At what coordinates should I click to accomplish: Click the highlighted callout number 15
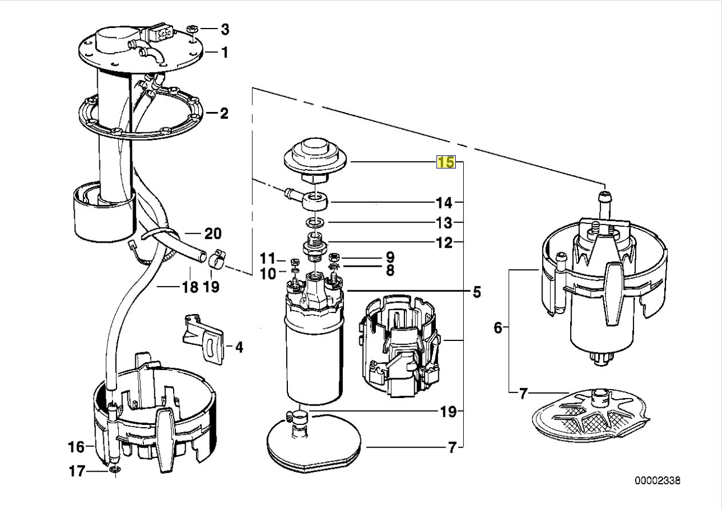pyautogui.click(x=446, y=162)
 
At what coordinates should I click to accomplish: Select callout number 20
pyautogui.click(x=213, y=234)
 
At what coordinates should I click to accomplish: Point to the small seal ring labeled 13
pyautogui.click(x=315, y=222)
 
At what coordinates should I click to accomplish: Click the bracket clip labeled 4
pyautogui.click(x=204, y=339)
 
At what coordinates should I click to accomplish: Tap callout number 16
pyautogui.click(x=76, y=447)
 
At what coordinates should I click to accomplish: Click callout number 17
pyautogui.click(x=77, y=471)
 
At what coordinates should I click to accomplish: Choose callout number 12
pyautogui.click(x=444, y=243)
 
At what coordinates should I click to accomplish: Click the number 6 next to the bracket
pyautogui.click(x=498, y=328)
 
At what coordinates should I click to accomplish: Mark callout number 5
pyautogui.click(x=477, y=292)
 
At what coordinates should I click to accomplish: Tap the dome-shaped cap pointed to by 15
pyautogui.click(x=315, y=159)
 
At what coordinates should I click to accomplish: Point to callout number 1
pyautogui.click(x=224, y=52)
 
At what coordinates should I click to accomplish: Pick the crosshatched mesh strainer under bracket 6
pyautogui.click(x=591, y=415)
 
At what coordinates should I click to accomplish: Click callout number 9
pyautogui.click(x=390, y=257)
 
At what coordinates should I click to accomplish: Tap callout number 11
pyautogui.click(x=268, y=258)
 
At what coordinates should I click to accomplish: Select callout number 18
pyautogui.click(x=190, y=287)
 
